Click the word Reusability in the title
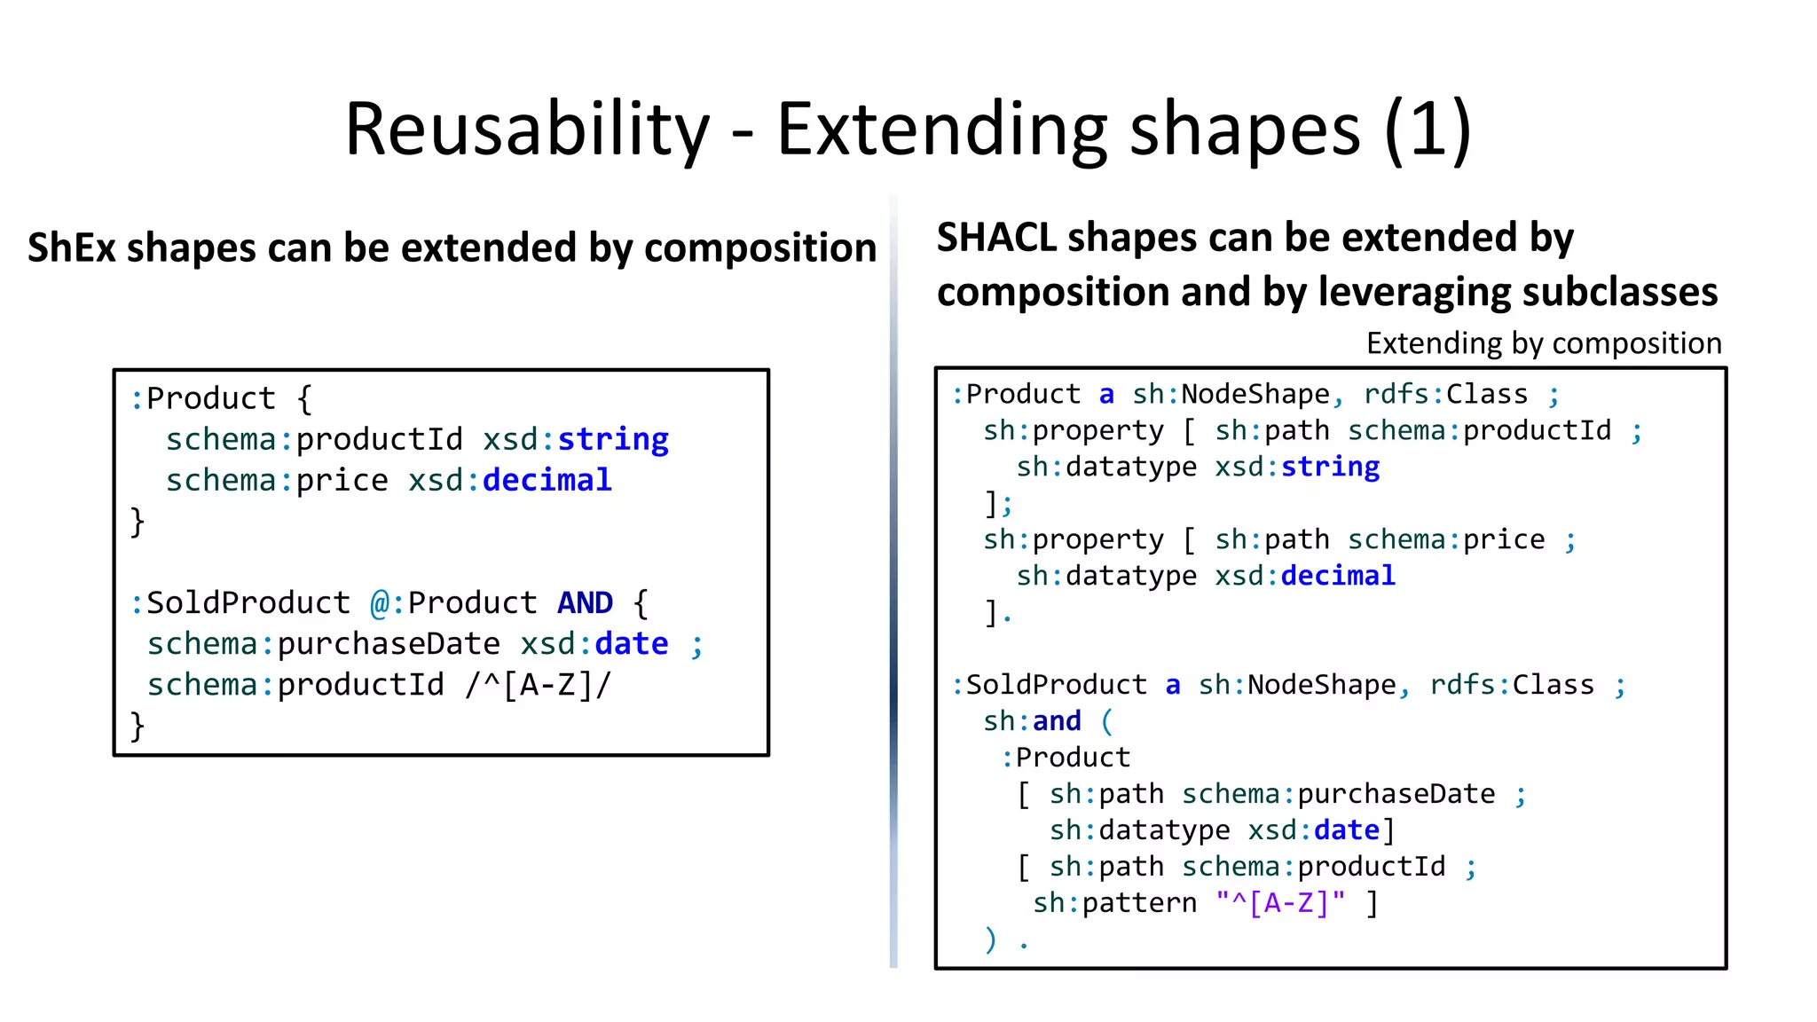(527, 130)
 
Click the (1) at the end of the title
(1428, 130)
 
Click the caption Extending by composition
(1543, 343)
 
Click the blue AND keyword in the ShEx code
(585, 603)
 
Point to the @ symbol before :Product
(380, 603)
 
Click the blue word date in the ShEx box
(631, 644)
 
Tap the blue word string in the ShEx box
(612, 440)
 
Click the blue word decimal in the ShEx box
(547, 481)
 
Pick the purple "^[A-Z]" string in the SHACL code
(1280, 903)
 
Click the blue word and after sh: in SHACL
(1057, 721)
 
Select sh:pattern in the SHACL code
(1114, 903)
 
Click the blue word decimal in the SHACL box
(1338, 576)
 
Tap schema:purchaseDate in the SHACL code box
(1338, 794)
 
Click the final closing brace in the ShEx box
(138, 726)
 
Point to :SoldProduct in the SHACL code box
(1049, 685)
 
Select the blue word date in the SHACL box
(1346, 830)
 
